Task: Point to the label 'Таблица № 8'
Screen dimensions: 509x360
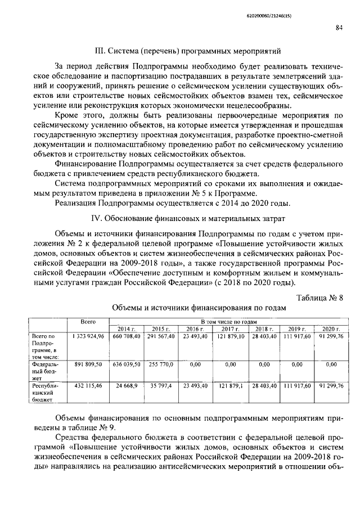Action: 319,298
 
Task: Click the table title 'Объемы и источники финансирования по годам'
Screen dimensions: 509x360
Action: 199,308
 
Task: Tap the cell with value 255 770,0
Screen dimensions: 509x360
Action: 161,364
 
